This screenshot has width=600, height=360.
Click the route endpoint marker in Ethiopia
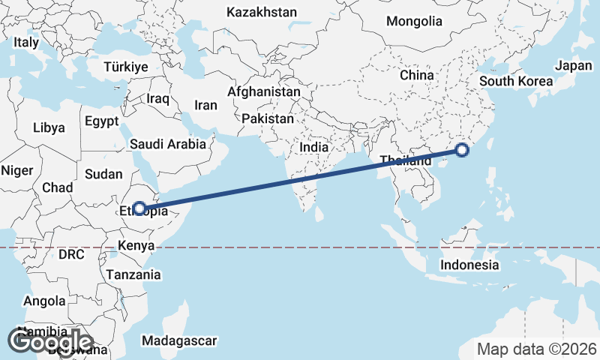139,208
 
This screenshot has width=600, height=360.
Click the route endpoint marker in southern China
462,151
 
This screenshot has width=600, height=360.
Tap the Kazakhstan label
262,12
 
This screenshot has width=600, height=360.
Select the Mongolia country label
414,21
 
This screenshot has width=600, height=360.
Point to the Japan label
574,65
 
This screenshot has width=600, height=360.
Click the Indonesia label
469,265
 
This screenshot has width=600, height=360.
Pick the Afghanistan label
264,91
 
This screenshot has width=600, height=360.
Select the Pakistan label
268,118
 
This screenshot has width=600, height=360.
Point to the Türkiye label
126,67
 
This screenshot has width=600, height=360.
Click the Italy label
26,43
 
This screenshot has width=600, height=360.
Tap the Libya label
49,127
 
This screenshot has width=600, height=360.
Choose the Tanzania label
133,274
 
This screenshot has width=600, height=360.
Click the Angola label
45,301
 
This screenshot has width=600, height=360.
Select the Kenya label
136,245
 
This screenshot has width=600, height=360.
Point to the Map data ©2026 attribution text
537,349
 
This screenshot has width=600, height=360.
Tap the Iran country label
205,106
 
